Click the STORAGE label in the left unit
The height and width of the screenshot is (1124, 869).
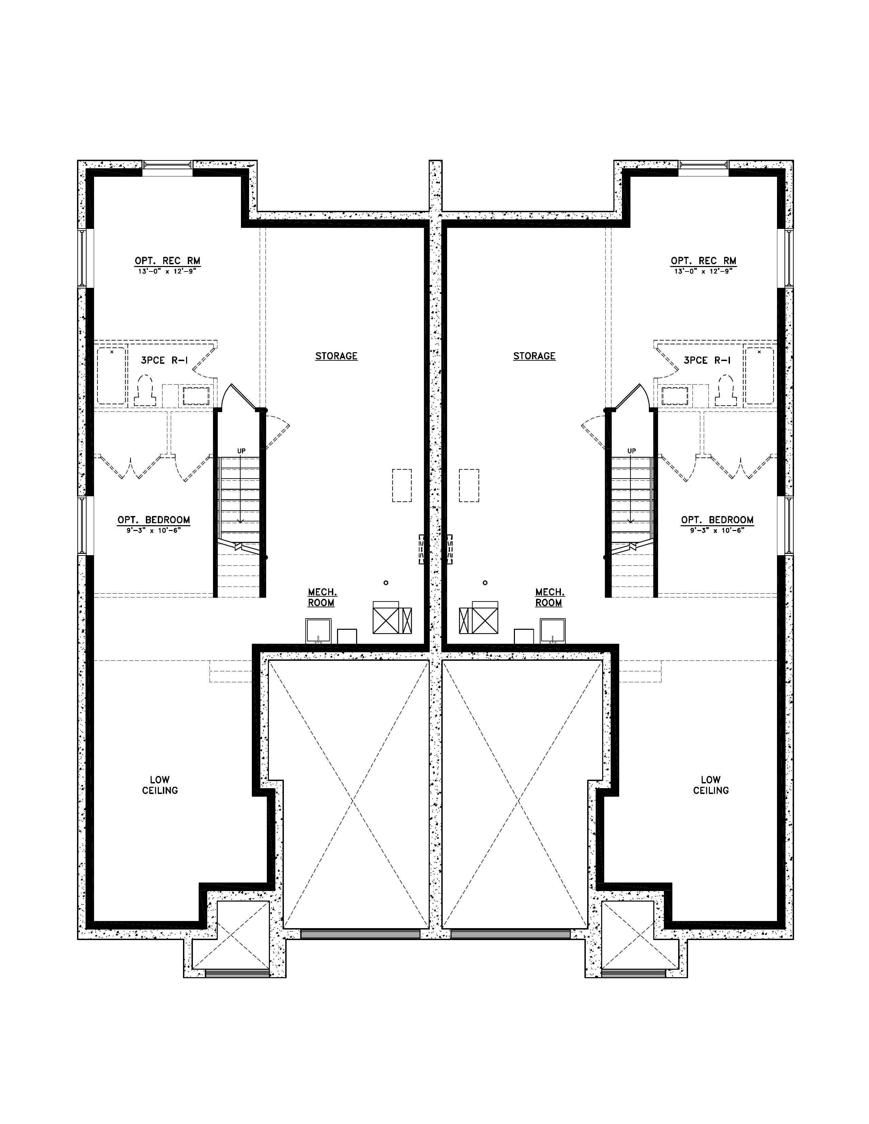coord(336,356)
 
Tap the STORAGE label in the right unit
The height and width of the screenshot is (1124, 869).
coord(534,356)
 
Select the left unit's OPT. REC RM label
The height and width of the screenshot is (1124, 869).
coord(167,261)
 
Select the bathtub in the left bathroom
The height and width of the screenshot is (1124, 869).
coord(112,376)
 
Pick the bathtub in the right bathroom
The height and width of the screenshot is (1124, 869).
coord(759,376)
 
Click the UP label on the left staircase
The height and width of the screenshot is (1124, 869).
coord(241,451)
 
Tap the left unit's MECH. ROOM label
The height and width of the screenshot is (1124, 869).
coord(322,597)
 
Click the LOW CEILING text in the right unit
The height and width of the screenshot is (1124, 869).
coord(711,785)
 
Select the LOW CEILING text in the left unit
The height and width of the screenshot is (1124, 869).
coord(160,785)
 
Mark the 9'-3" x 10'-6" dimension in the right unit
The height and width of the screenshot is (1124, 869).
coord(717,530)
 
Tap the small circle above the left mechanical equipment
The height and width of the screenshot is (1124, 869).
coord(385,582)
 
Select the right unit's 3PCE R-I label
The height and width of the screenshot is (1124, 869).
coord(707,360)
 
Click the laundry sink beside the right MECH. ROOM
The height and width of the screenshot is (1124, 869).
coord(552,630)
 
